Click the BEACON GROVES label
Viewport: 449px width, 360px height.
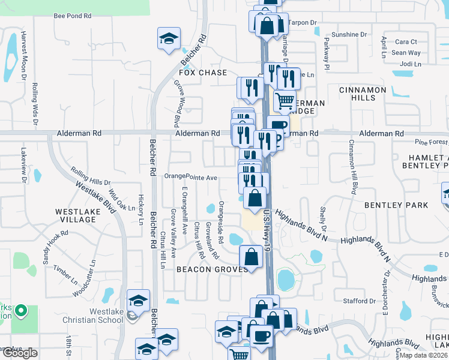[212, 269]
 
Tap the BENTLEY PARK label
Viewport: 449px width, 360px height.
[396, 205]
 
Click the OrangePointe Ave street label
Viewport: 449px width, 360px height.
[191, 178]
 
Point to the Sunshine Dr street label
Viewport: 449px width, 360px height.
[349, 35]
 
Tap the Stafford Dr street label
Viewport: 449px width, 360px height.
[360, 301]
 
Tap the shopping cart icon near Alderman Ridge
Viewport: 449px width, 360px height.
[285, 101]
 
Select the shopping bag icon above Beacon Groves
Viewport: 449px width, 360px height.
[251, 256]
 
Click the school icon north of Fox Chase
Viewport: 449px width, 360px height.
[169, 39]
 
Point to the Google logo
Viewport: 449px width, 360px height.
[20, 353]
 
